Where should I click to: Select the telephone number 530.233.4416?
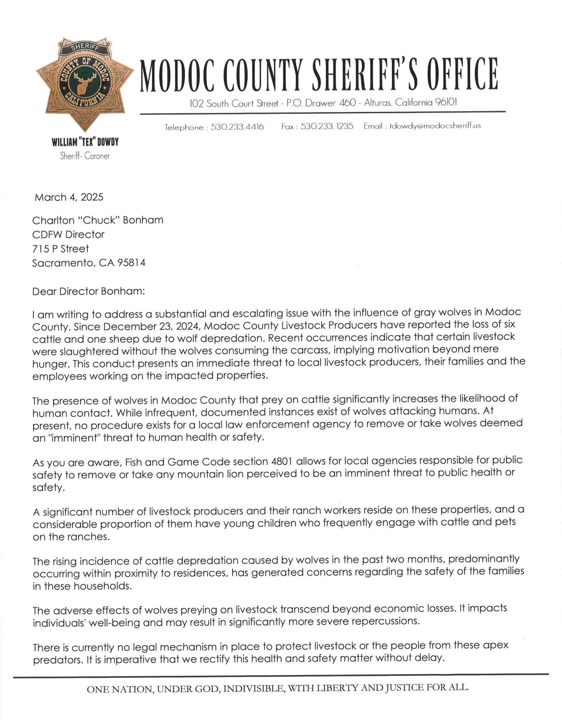click(237, 127)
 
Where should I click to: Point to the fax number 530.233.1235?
click(327, 126)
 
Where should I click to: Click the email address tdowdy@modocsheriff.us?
click(435, 126)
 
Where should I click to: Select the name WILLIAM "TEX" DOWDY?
click(85, 142)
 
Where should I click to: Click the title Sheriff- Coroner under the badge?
click(85, 156)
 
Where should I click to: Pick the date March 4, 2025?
click(69, 197)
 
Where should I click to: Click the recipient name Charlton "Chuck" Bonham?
click(98, 220)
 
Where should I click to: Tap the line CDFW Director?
click(68, 234)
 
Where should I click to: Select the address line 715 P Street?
click(60, 249)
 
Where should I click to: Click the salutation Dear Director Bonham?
click(88, 292)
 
